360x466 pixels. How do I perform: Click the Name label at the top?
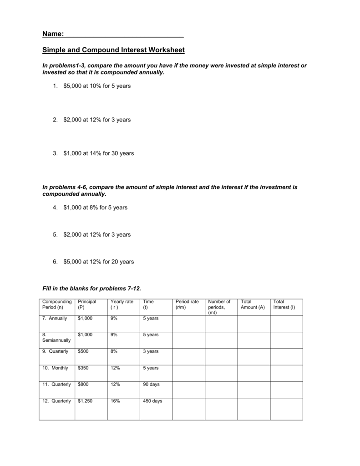[x=53, y=34]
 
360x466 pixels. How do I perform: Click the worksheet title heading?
[x=113, y=50]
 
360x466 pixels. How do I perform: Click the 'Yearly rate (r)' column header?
[x=122, y=304]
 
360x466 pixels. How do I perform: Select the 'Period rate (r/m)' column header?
[x=187, y=304]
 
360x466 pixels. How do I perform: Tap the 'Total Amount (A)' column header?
[x=252, y=304]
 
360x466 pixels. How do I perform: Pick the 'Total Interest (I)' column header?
[x=284, y=304]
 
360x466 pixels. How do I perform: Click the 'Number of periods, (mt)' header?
[x=219, y=307]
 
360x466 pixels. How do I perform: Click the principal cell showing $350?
[x=83, y=368]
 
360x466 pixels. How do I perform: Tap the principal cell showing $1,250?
[x=85, y=401]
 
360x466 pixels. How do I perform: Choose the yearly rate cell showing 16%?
[x=115, y=401]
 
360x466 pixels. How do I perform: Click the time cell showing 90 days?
[x=151, y=384]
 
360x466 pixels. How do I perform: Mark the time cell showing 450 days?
[x=152, y=401]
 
